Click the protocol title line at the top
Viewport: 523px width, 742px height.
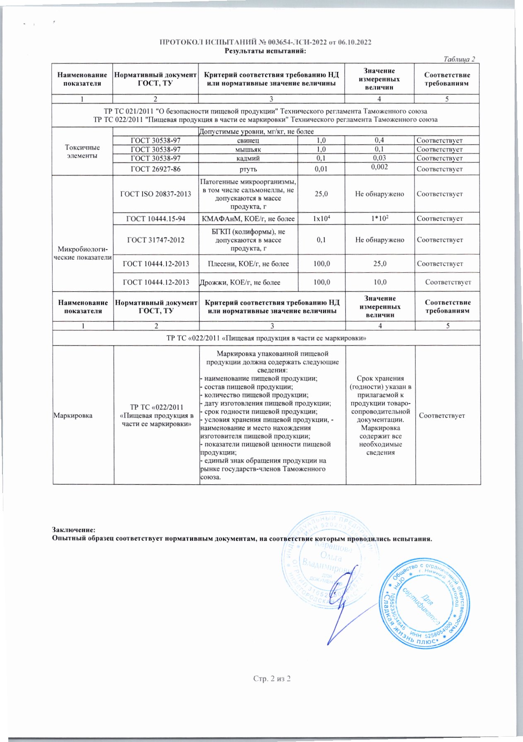coord(265,42)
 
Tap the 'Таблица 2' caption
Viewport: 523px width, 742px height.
coord(459,59)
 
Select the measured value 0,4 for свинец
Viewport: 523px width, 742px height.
coord(379,140)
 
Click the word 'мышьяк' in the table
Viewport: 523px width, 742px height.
coord(248,150)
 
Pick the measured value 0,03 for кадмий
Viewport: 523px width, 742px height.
coord(379,158)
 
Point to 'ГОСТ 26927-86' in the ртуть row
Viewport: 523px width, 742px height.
coord(155,169)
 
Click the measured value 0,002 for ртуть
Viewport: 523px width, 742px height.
coord(379,167)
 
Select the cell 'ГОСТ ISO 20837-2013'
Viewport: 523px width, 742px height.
coord(155,194)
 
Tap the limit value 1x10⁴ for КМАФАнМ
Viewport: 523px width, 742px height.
coord(321,218)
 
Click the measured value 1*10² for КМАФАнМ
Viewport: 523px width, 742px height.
coord(379,218)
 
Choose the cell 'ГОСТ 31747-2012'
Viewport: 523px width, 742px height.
coord(155,240)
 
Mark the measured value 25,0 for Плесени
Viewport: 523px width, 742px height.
coord(379,263)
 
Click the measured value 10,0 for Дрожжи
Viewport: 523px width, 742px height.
coord(379,282)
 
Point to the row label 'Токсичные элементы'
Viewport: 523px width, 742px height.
coord(82,152)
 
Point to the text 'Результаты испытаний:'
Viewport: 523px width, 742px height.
coord(265,51)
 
